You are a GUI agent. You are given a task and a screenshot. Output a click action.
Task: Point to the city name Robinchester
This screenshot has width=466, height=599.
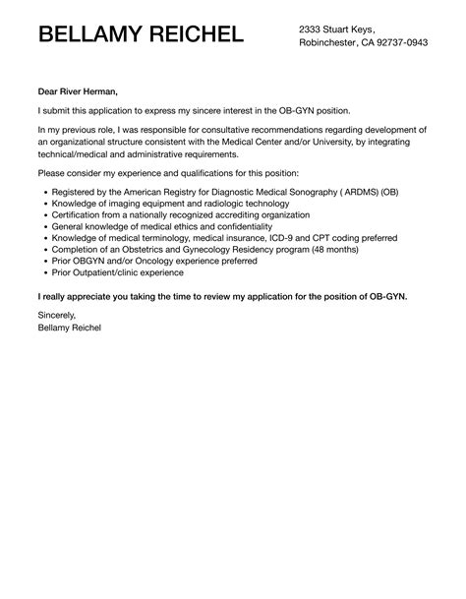pyautogui.click(x=331, y=43)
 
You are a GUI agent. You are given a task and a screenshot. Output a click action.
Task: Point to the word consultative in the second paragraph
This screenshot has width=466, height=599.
pyautogui.click(x=218, y=130)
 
